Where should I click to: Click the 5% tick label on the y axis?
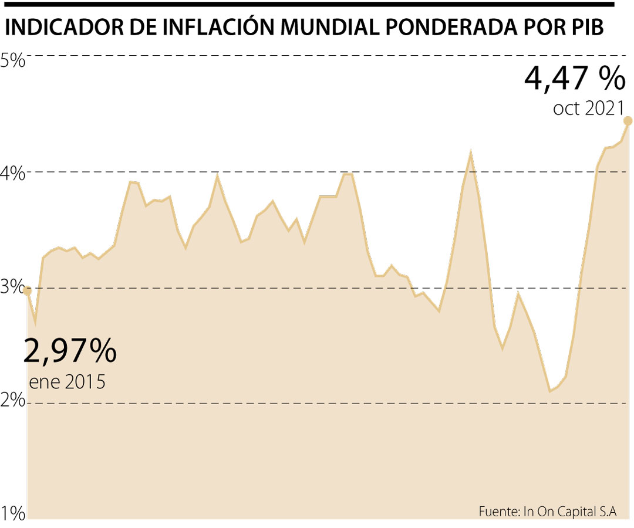(x=13, y=60)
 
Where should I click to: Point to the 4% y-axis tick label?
(x=13, y=174)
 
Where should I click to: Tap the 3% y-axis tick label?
(x=13, y=289)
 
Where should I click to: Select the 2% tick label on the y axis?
(x=13, y=402)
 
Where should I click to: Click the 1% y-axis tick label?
(x=13, y=515)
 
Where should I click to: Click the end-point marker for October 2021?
(x=628, y=121)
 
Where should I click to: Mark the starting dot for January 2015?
(x=27, y=291)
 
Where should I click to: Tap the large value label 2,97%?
(x=70, y=351)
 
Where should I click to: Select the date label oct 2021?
(x=587, y=109)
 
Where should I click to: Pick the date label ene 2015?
(x=67, y=383)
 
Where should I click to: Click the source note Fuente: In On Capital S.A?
(x=547, y=511)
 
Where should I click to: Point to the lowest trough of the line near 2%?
(x=550, y=391)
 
